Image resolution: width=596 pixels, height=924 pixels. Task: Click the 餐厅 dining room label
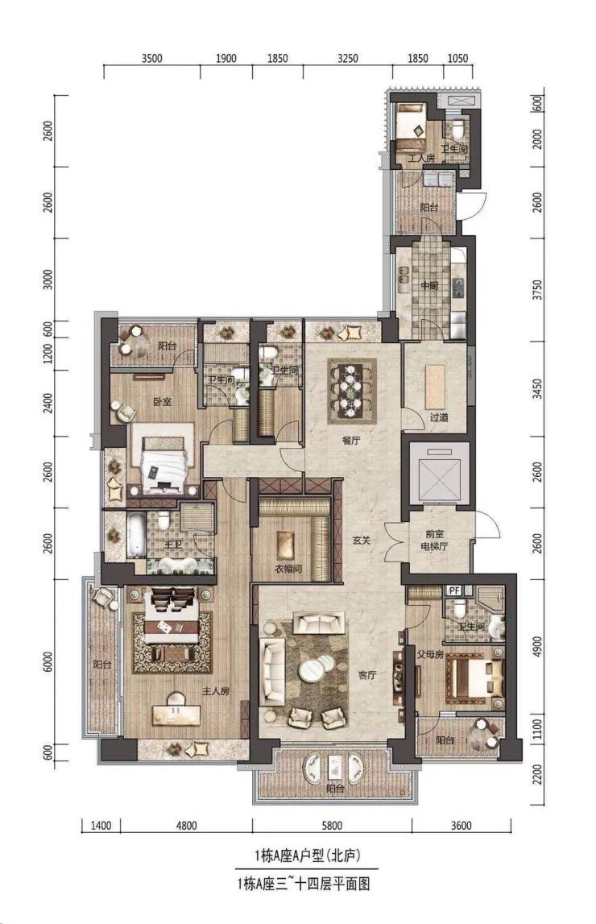pos(351,440)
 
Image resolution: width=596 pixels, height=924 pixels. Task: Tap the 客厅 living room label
pos(366,675)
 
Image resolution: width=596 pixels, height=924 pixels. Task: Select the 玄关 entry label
pos(361,540)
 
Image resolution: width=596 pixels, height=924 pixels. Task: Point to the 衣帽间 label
pos(288,570)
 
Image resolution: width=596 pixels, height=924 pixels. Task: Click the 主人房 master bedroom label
pos(216,692)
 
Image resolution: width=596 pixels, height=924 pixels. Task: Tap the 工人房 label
pos(421,159)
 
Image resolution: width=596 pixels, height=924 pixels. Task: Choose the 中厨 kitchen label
pos(429,287)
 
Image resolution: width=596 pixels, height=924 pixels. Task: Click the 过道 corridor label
pos(439,417)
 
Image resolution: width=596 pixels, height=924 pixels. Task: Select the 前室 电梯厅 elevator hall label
pos(436,541)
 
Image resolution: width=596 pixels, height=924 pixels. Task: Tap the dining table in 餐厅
pos(351,390)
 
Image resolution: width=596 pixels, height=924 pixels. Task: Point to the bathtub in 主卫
pos(135,537)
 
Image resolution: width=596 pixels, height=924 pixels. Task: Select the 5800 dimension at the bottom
pos(332,826)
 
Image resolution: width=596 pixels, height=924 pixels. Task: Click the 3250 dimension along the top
pos(347,58)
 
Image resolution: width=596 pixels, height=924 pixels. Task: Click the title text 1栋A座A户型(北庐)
pos(306,856)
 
